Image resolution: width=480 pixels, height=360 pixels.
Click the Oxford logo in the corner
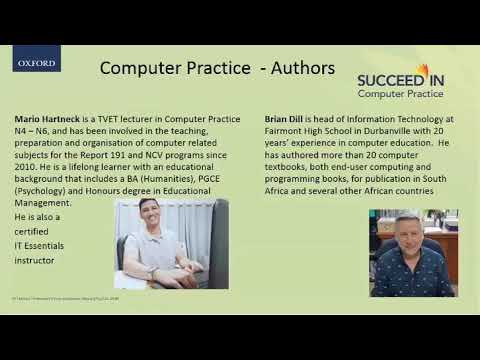pyautogui.click(x=37, y=63)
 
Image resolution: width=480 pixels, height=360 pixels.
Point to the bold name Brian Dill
pyautogui.click(x=287, y=117)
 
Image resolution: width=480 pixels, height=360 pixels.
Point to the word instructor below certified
pyautogui.click(x=35, y=260)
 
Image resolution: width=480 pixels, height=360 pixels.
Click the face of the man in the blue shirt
pyautogui.click(x=408, y=243)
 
